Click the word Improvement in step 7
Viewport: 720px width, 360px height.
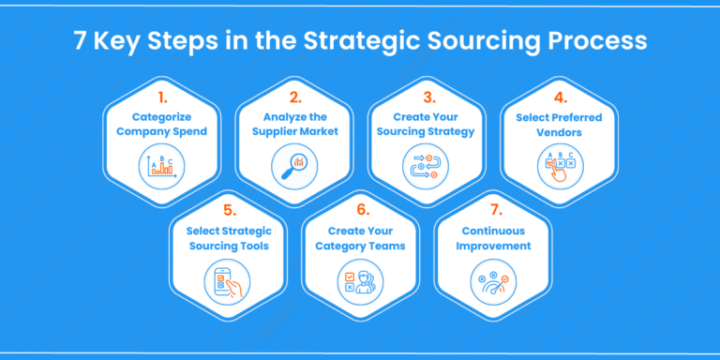495,247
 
